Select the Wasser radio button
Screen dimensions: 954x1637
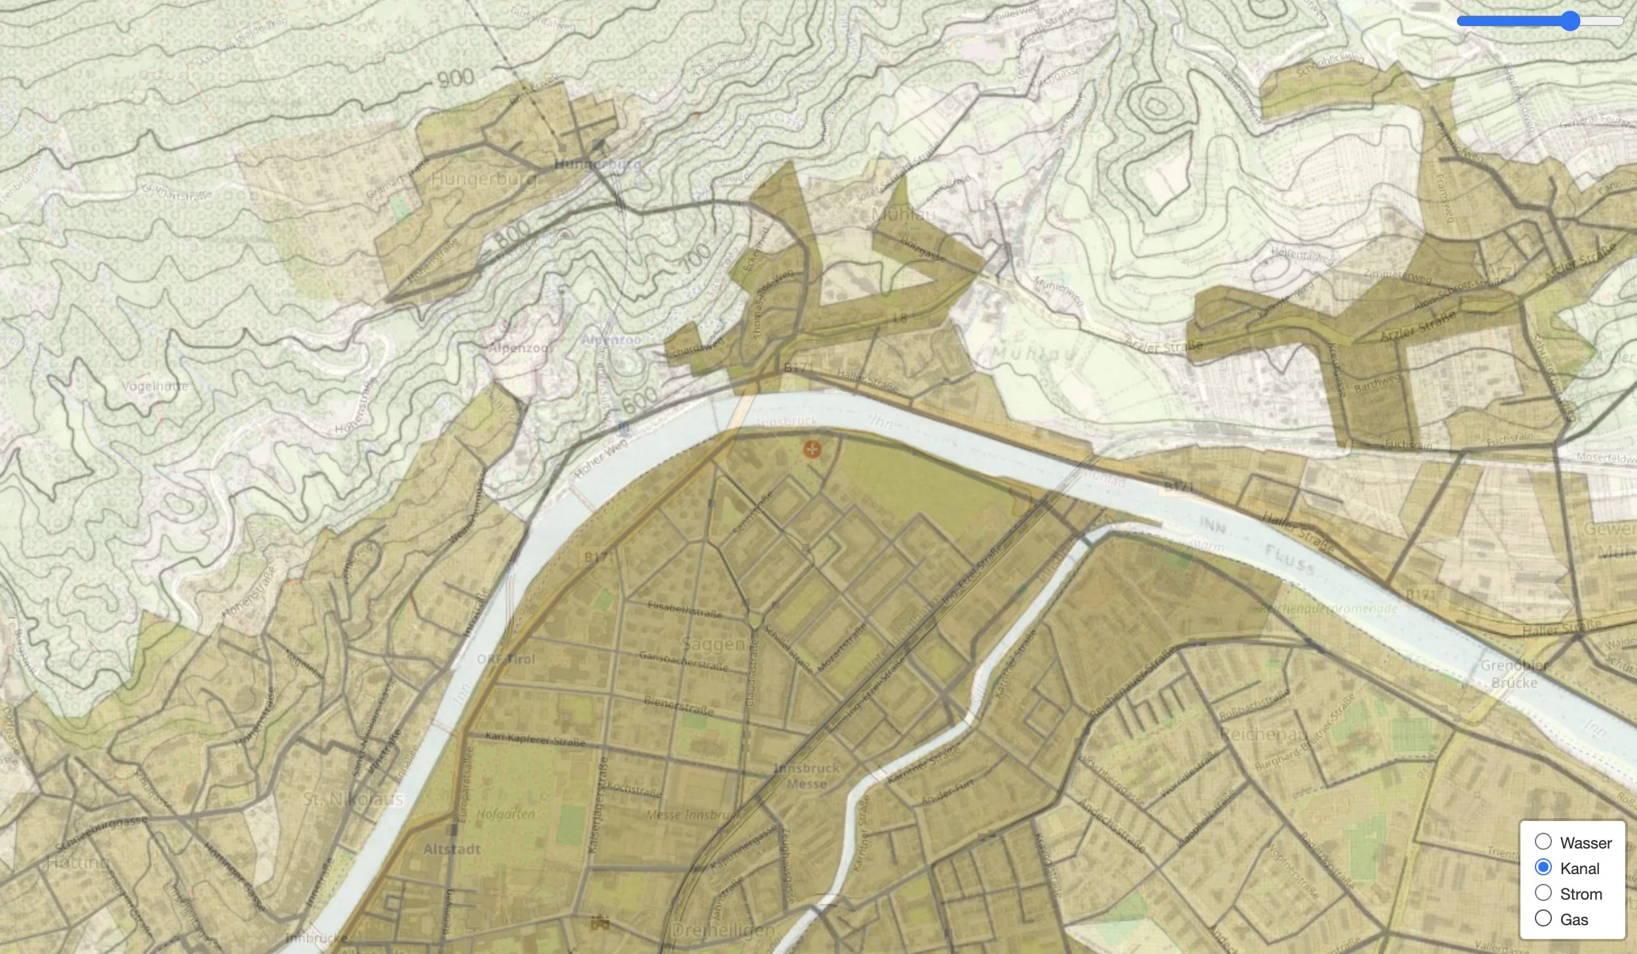click(1543, 842)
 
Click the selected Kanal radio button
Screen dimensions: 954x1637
click(1543, 868)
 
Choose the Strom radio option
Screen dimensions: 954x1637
click(1543, 893)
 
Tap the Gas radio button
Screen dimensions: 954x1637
click(1543, 919)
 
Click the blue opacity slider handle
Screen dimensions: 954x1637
click(1570, 21)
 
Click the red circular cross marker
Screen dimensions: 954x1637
click(812, 449)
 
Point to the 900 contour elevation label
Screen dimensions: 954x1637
click(455, 79)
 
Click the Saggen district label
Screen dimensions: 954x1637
click(713, 644)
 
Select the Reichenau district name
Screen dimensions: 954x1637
click(1263, 734)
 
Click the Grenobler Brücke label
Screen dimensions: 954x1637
click(1514, 674)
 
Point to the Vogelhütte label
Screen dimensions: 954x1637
click(155, 386)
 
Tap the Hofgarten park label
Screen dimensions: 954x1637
click(506, 814)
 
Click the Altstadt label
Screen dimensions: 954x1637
click(452, 849)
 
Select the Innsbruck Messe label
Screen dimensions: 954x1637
click(806, 776)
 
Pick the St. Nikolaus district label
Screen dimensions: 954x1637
click(354, 799)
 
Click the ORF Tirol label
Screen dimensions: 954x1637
click(506, 659)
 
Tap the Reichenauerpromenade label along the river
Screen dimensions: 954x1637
click(1329, 609)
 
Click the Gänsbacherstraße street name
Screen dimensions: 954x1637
click(683, 661)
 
